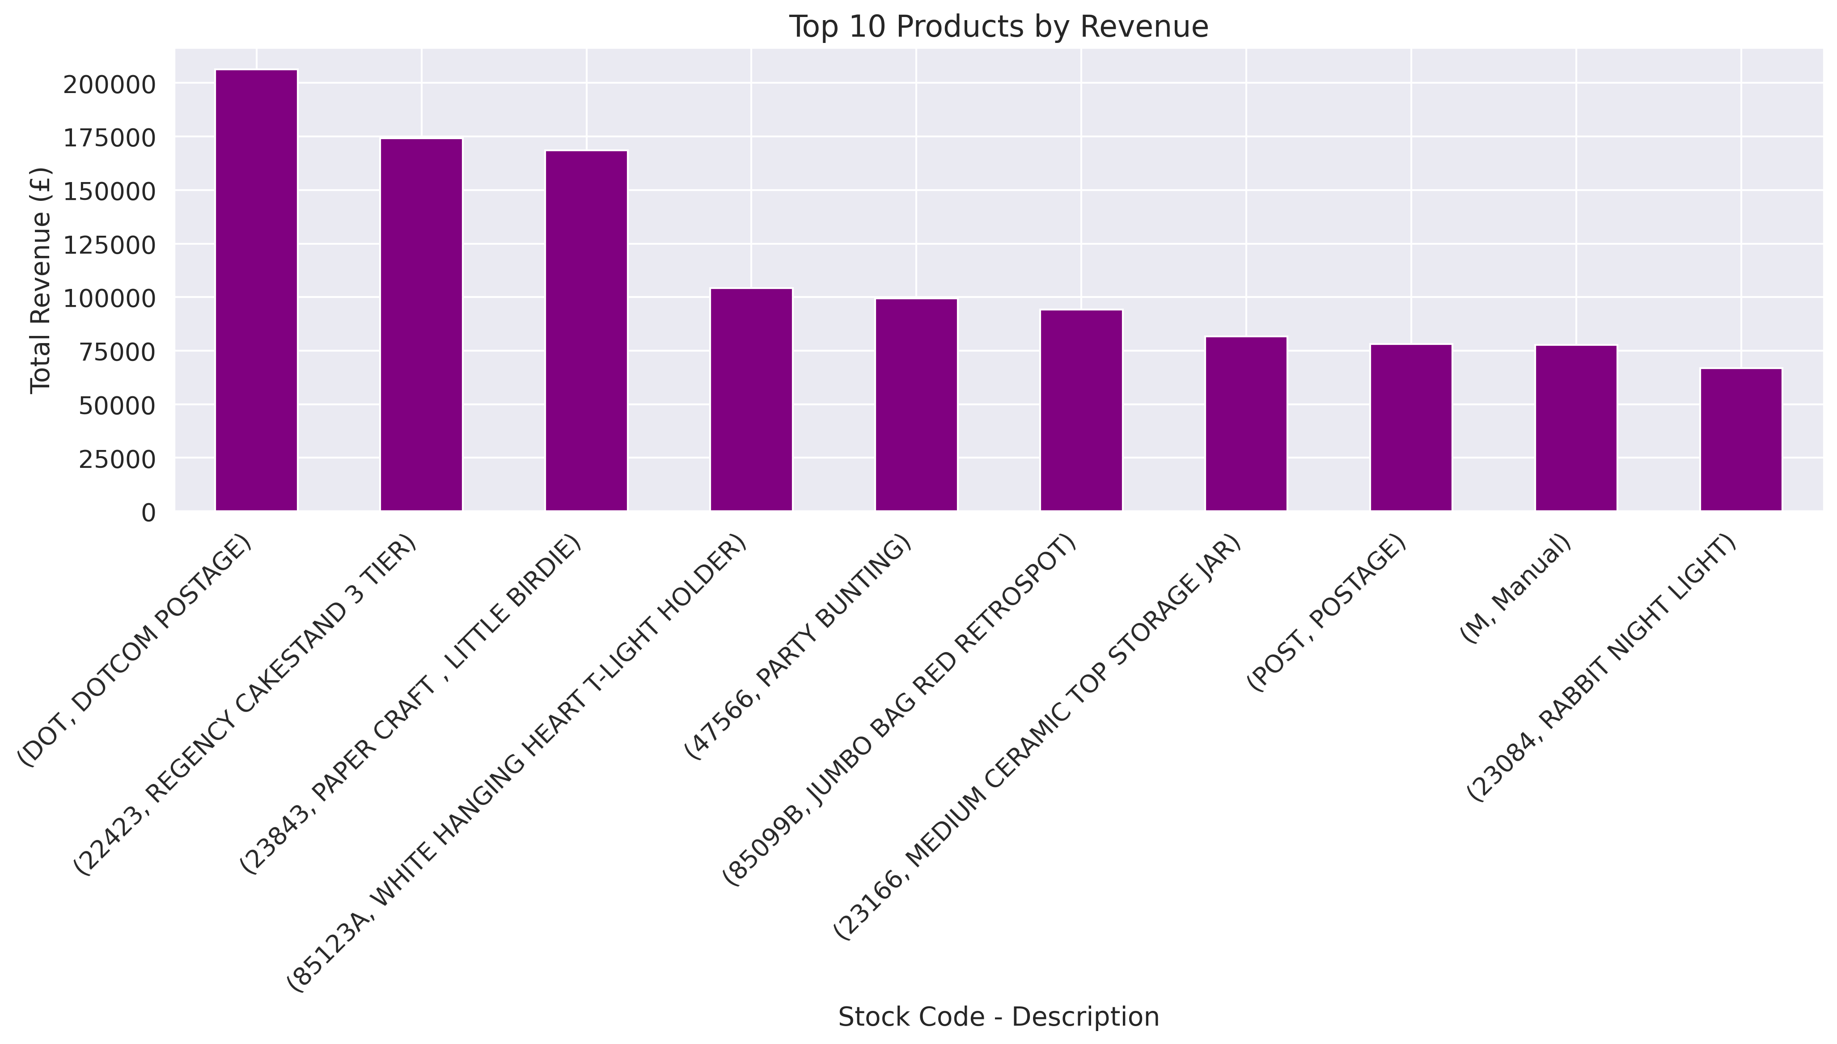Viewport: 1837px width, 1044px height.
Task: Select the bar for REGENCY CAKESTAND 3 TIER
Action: pos(421,325)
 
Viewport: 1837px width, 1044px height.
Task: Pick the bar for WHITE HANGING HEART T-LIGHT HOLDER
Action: pos(751,399)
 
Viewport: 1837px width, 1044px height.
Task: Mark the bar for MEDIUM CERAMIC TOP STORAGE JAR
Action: pos(1246,424)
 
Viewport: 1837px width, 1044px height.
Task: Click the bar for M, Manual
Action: pos(1575,428)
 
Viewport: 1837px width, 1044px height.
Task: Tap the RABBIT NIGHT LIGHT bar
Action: pos(1740,440)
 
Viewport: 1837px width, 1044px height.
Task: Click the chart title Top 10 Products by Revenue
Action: pos(999,27)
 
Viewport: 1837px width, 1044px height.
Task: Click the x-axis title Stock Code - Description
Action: pos(999,1017)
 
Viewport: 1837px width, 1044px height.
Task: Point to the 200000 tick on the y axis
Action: pos(109,85)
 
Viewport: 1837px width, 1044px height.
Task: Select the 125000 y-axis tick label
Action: pos(109,245)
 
